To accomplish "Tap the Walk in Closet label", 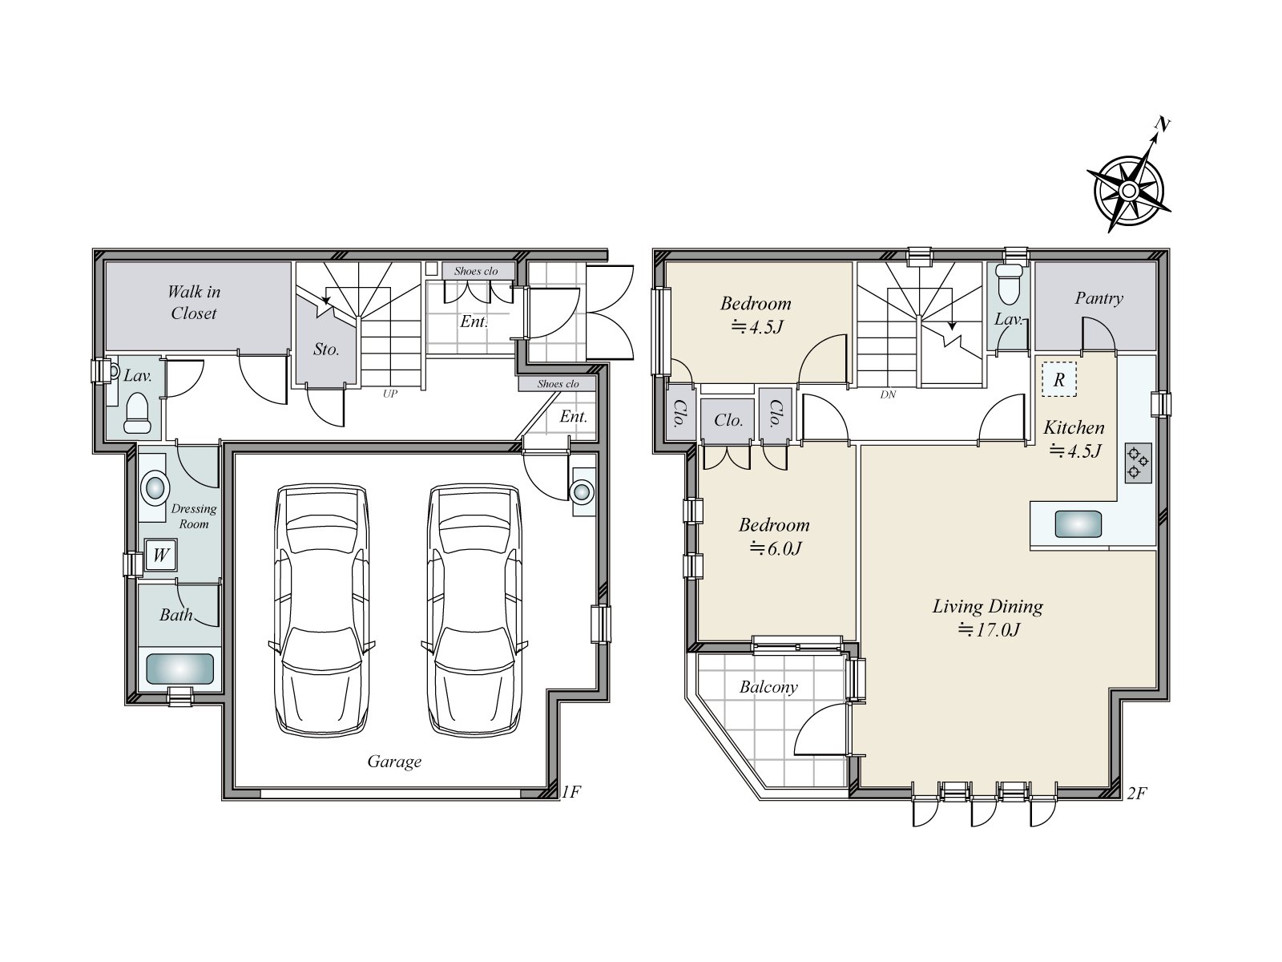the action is [x=193, y=302].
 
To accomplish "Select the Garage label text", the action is [x=394, y=762].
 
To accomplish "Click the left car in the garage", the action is [x=321, y=608].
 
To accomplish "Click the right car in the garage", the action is [x=474, y=608].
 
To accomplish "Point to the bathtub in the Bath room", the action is [x=180, y=669].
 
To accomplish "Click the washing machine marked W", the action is [x=160, y=554].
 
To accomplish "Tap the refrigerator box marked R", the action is [x=1059, y=380].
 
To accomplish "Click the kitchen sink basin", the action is [x=1078, y=524].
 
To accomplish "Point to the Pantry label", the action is [x=1099, y=298].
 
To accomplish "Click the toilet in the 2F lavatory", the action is [x=1008, y=285].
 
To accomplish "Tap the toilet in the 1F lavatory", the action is [x=138, y=412].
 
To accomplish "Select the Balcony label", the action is [x=768, y=687].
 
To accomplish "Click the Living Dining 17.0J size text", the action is [x=989, y=630].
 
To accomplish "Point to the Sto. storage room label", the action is [x=326, y=350].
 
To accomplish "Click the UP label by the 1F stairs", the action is [x=390, y=394].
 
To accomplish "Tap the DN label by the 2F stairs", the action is [x=888, y=395].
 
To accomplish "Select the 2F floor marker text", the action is [x=1136, y=793].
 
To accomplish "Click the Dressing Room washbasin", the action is [x=155, y=487].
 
